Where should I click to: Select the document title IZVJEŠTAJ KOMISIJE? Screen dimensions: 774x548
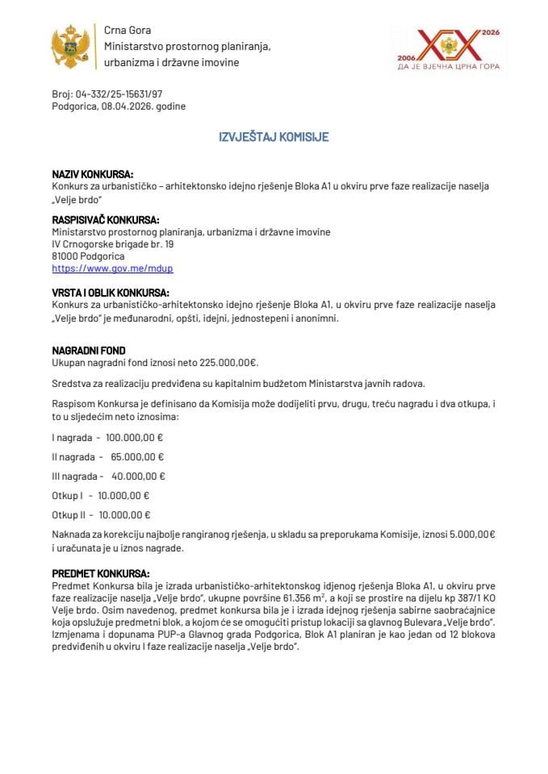tap(274, 137)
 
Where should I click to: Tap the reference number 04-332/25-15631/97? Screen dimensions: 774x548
tap(119, 94)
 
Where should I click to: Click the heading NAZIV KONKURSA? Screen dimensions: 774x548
tap(92, 174)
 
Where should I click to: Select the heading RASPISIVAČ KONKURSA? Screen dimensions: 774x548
tap(105, 220)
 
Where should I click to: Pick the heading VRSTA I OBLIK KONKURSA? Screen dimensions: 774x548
tap(111, 293)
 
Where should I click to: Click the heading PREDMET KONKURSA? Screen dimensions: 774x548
tap(100, 573)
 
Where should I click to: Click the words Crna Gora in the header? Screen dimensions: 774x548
tap(123, 29)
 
